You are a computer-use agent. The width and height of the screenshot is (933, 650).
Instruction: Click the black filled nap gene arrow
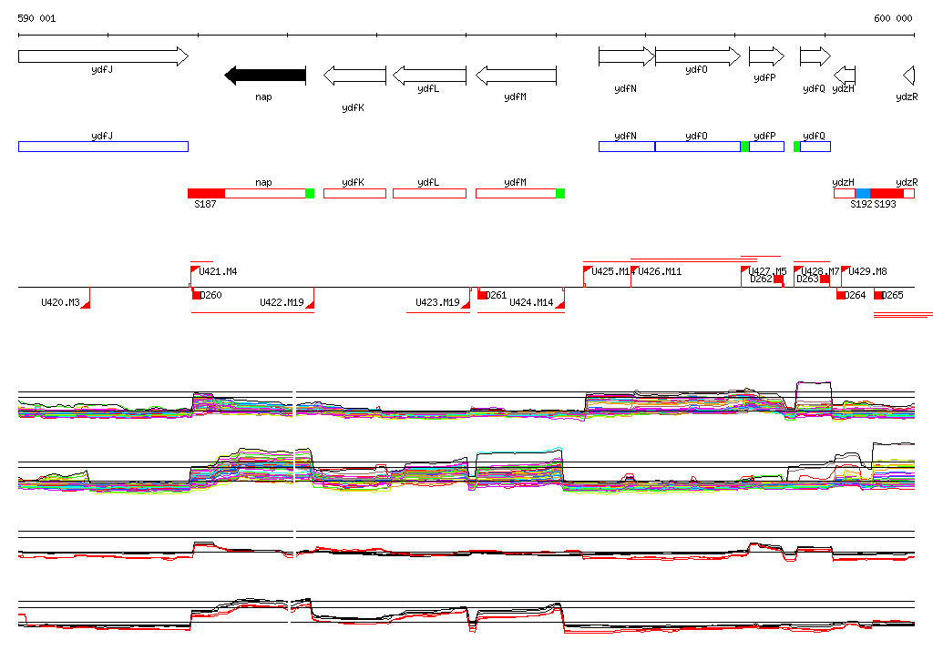(265, 76)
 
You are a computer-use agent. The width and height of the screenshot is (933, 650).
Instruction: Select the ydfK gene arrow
(354, 75)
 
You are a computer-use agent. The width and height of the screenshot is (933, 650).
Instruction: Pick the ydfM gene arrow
(516, 75)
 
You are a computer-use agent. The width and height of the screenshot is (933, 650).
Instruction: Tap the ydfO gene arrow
(697, 56)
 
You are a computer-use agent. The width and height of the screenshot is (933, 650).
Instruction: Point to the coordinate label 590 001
(36, 18)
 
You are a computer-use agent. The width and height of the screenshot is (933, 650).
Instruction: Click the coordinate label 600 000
(893, 18)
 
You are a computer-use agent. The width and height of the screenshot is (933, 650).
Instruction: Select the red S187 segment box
(206, 193)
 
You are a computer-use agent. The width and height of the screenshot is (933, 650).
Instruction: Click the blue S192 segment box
(863, 193)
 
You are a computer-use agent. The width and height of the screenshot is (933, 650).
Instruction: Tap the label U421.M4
(218, 271)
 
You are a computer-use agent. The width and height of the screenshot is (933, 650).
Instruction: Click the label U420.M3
(60, 302)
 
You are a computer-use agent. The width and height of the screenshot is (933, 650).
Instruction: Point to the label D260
(210, 295)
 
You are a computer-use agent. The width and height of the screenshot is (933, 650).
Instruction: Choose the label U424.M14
(531, 302)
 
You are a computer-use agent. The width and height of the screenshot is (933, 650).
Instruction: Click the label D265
(893, 295)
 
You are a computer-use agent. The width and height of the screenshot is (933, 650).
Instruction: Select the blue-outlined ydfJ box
(103, 147)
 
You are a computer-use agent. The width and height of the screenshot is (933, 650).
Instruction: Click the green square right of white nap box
(310, 193)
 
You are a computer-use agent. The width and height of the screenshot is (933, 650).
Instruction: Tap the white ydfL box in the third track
(429, 193)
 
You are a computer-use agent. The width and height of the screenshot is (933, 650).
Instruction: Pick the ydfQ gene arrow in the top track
(815, 56)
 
